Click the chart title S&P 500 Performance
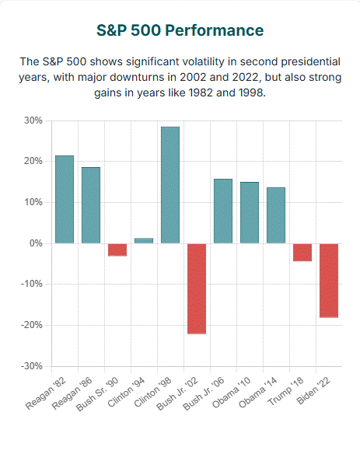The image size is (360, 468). click(180, 30)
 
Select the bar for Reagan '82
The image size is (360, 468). click(65, 200)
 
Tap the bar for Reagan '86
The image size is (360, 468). click(91, 205)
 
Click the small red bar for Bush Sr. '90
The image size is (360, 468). click(117, 250)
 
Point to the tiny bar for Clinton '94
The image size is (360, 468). click(144, 241)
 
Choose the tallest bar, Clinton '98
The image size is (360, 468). click(170, 185)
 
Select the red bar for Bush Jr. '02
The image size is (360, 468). click(197, 288)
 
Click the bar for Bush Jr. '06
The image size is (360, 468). click(223, 211)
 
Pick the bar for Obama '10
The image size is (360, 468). click(250, 213)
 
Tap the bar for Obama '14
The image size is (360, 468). click(276, 215)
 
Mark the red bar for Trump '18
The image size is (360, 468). click(302, 252)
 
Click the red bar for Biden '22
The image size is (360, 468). click(329, 280)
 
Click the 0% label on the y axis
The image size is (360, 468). click(35, 243)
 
